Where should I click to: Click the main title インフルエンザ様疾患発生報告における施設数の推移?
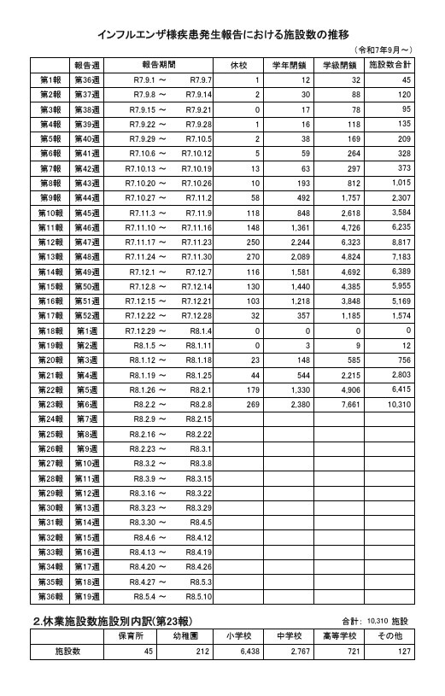(223, 35)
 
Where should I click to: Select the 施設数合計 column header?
(389, 65)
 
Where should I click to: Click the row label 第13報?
(50, 256)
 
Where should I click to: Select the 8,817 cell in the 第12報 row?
(399, 242)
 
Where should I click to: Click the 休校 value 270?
(252, 256)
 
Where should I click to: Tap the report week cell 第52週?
(87, 315)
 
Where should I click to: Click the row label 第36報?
(50, 595)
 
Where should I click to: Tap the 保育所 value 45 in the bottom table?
(147, 652)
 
